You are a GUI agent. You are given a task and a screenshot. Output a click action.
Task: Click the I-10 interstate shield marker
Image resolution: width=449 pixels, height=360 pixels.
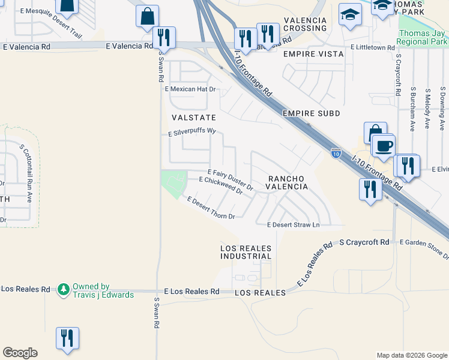336,154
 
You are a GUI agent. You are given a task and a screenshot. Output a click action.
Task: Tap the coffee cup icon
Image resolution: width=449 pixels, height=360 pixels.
384,145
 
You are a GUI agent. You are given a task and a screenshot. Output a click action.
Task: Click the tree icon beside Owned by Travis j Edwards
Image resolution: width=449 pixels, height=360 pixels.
64,290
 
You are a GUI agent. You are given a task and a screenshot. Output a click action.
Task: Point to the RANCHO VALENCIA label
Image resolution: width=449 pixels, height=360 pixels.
288,182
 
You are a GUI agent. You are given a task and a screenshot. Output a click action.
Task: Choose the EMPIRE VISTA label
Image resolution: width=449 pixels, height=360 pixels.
313,54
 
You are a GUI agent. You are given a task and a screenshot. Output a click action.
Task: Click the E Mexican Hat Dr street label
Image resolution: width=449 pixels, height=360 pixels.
190,89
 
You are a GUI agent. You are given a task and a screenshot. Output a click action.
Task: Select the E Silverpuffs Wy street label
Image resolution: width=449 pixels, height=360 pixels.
191,133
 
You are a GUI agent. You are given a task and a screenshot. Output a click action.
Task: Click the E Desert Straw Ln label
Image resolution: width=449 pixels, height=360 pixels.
294,225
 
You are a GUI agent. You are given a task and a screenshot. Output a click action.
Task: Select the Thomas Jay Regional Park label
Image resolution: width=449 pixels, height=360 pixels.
423,38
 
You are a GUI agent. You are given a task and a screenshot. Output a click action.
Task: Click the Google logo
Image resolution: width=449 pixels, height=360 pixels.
20,353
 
